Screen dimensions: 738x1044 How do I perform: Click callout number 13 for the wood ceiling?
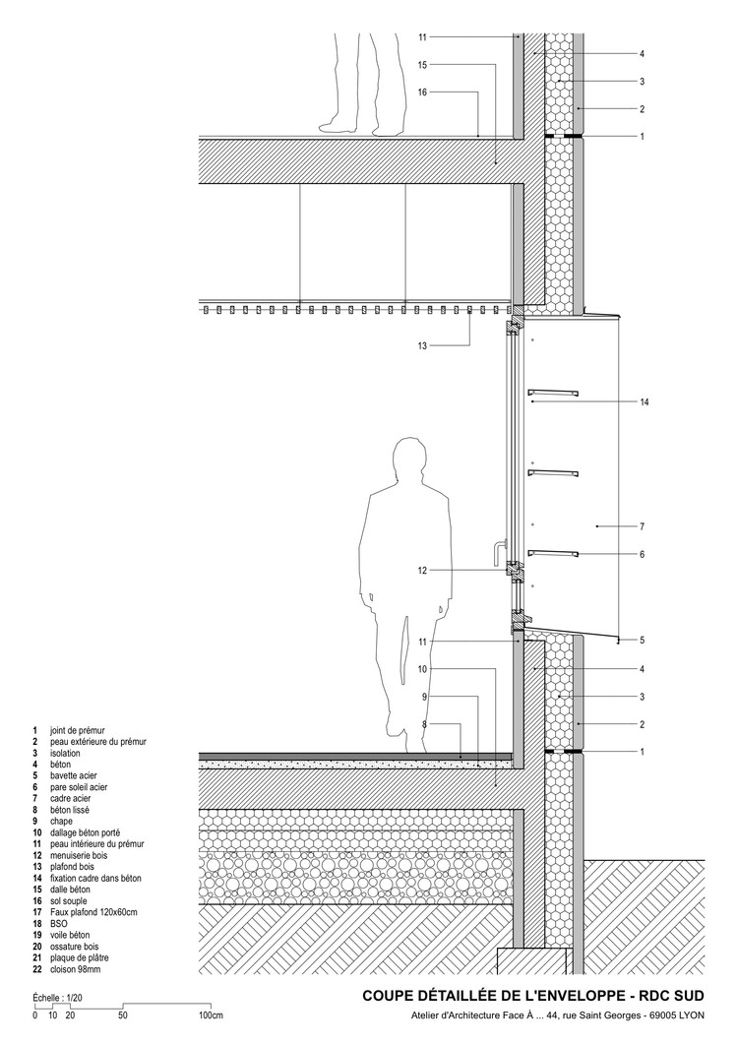421,344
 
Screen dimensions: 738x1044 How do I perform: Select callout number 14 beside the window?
644,402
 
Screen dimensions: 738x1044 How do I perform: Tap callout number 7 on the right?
641,525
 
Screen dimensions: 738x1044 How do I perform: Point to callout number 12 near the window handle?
421,571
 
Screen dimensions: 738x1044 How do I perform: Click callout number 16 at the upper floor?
421,92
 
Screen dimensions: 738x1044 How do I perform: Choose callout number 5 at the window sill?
641,641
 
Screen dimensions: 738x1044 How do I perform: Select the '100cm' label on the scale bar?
211,1015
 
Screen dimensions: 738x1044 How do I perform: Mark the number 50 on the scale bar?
123,1015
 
